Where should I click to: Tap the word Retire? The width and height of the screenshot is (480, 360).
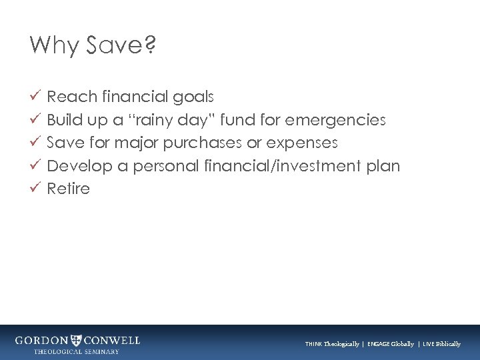(x=68, y=189)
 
